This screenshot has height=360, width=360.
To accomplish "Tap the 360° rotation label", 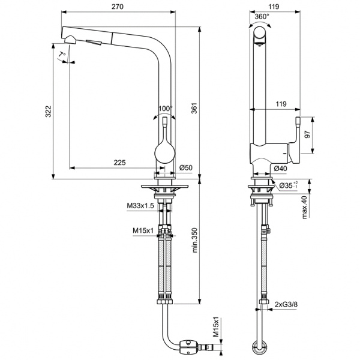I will (x=261, y=17).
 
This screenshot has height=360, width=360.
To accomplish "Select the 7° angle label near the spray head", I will (x=61, y=55).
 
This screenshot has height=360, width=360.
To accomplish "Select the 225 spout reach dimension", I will (x=119, y=162).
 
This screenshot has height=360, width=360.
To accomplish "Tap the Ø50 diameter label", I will (x=185, y=167).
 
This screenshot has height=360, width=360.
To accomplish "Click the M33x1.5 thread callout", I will (x=139, y=206).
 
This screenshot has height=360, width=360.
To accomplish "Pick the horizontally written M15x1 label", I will (x=143, y=230).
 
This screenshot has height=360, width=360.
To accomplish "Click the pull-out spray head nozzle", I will (x=71, y=40).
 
